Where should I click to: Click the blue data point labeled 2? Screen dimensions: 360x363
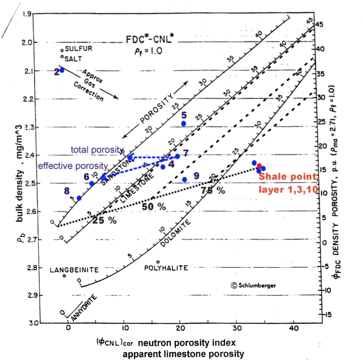(62, 70)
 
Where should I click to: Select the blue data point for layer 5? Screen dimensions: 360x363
(184, 123)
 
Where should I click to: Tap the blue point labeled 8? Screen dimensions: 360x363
(79, 198)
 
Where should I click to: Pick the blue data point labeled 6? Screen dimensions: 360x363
(92, 183)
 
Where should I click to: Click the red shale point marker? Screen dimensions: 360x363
(259, 166)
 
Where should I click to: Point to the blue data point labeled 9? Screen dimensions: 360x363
(184, 179)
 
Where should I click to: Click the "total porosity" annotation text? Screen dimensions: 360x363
(97, 150)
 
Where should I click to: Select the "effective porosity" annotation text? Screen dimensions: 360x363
(73, 165)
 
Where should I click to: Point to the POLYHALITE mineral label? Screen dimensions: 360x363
(166, 268)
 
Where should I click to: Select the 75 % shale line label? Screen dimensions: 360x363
(213, 191)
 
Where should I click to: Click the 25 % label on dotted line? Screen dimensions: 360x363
(104, 220)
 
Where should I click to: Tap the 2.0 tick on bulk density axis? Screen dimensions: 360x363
(27, 43)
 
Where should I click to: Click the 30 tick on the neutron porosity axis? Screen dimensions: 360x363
(236, 328)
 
